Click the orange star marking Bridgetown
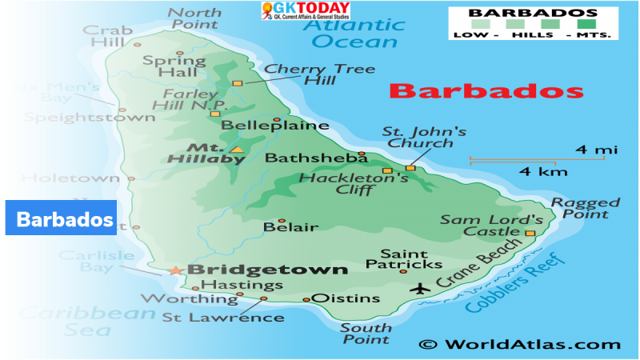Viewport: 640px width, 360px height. [176, 270]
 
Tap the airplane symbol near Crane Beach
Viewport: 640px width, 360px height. [419, 288]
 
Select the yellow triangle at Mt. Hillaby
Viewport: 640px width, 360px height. [237, 149]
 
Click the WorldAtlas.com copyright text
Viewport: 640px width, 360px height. [520, 344]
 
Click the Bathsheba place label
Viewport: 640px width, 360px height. [305, 158]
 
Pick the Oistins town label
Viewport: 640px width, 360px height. [345, 298]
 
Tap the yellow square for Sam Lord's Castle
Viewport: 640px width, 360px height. [529, 233]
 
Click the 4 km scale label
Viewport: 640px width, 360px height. [543, 172]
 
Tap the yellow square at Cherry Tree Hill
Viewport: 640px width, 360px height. [237, 82]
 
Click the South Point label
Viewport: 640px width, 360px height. [366, 334]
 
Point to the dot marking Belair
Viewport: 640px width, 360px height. [281, 221]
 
